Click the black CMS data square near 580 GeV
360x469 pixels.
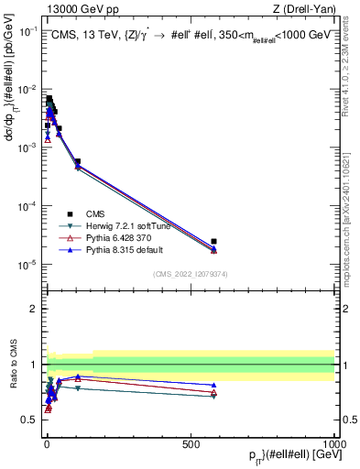tap(213, 242)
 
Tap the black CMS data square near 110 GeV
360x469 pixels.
tap(78, 161)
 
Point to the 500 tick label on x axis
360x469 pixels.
tap(191, 442)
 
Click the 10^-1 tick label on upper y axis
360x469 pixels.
tap(27, 30)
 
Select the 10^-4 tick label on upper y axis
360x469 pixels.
tap(27, 206)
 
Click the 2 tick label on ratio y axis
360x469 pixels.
tap(33, 309)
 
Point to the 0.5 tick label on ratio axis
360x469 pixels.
tap(30, 420)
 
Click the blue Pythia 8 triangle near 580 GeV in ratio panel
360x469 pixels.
tap(213, 386)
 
